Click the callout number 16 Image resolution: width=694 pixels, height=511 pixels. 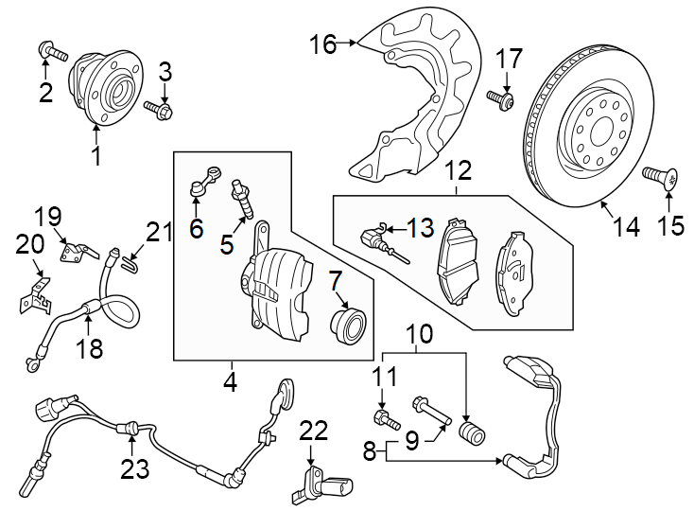(322, 44)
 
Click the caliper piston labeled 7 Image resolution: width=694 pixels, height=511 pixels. (346, 324)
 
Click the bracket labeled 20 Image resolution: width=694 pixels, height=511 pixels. (33, 296)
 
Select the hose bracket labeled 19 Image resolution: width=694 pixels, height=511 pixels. (78, 252)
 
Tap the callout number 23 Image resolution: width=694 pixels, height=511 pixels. (135, 468)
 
